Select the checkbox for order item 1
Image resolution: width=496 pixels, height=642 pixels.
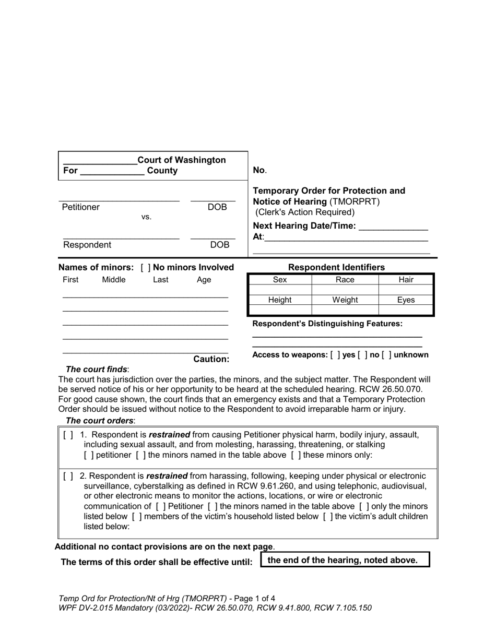pyautogui.click(x=68, y=435)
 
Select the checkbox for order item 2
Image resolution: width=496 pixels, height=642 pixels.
pyautogui.click(x=68, y=476)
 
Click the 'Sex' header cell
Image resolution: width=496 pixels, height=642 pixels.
pyautogui.click(x=280, y=280)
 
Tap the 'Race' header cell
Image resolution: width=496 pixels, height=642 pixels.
pyautogui.click(x=345, y=280)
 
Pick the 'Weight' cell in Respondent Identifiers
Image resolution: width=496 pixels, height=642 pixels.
pyautogui.click(x=345, y=300)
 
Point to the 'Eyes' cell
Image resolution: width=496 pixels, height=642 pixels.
pyautogui.click(x=406, y=300)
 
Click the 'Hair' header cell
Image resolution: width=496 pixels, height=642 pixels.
pyautogui.click(x=406, y=280)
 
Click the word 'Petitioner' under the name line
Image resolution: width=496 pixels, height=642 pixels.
pyautogui.click(x=81, y=207)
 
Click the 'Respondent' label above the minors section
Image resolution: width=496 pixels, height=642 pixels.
pyautogui.click(x=87, y=245)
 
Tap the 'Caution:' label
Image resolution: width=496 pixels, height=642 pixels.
pyautogui.click(x=211, y=359)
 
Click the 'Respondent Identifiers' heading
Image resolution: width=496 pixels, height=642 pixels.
pyautogui.click(x=336, y=267)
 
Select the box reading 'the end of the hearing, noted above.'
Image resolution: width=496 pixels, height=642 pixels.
pyautogui.click(x=344, y=560)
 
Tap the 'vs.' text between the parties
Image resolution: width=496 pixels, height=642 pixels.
pyautogui.click(x=146, y=217)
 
